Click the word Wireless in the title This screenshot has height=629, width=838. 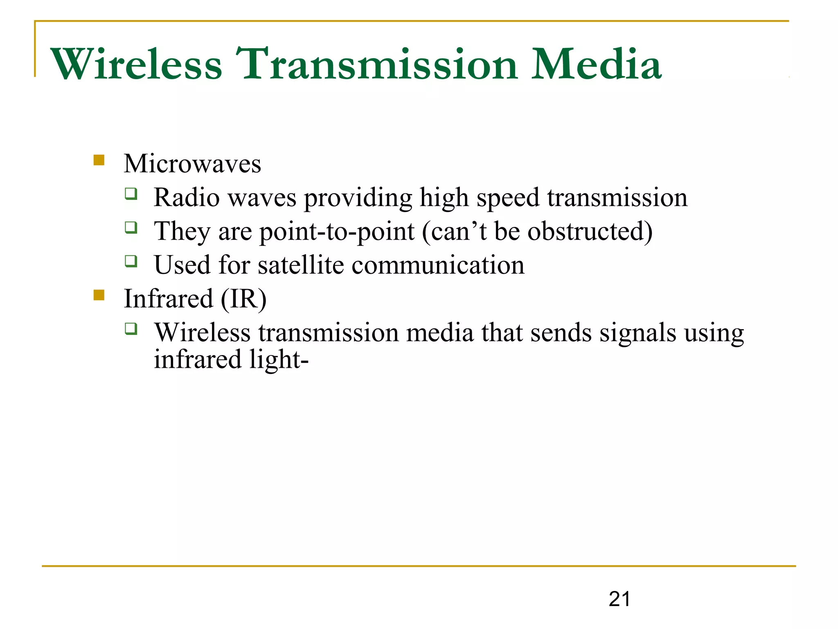click(136, 64)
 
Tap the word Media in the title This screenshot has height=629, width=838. click(596, 64)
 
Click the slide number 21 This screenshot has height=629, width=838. click(619, 599)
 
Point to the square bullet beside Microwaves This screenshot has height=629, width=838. click(99, 160)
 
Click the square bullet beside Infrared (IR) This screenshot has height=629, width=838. click(99, 295)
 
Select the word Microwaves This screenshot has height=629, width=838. click(192, 164)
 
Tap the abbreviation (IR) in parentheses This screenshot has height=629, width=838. click(244, 299)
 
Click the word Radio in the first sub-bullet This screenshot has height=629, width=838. click(187, 198)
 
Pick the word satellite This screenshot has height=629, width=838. click(301, 265)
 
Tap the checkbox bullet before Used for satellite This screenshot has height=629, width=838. click(131, 261)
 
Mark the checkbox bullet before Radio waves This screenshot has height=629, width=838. click(131, 193)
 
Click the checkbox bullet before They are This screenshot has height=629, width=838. click(131, 227)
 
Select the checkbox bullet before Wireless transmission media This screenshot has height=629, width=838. click(131, 328)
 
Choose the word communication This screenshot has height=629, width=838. click(438, 265)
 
